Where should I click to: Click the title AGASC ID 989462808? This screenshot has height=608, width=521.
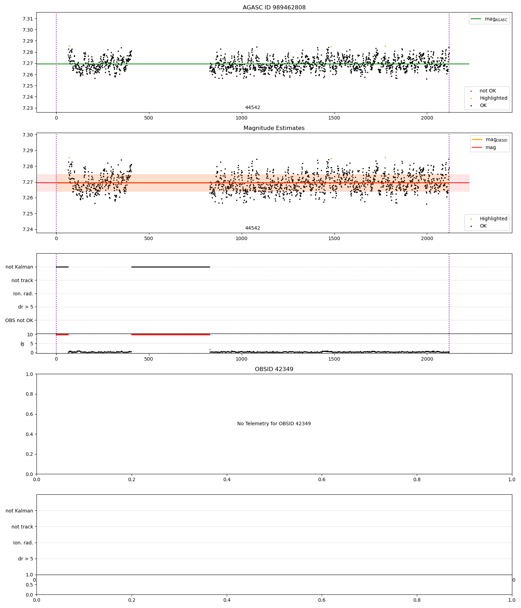point(274,8)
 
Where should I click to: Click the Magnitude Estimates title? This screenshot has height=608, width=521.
point(274,128)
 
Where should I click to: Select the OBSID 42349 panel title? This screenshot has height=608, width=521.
point(274,369)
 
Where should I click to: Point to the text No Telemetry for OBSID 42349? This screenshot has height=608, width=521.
point(274,424)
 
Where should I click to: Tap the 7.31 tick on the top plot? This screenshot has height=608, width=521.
point(28,19)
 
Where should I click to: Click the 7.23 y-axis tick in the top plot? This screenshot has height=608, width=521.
point(28,108)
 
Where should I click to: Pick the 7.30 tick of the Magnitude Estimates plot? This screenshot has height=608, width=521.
point(28,135)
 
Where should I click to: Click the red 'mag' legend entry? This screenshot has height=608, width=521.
point(490,148)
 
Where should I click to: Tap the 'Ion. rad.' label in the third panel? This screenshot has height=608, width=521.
point(23,294)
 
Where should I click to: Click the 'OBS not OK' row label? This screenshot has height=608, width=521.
point(19,320)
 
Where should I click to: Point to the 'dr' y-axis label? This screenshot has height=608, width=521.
point(23,344)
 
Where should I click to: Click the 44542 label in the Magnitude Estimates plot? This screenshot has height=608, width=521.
point(253,228)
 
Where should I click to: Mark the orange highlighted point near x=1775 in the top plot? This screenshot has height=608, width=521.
point(385,46)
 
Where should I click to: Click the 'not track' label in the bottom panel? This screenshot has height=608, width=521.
point(22,527)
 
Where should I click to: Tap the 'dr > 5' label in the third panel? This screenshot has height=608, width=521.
point(26,307)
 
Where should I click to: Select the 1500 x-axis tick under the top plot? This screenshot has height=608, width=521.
point(334,118)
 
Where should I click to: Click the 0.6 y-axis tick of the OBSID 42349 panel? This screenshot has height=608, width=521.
point(30,414)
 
